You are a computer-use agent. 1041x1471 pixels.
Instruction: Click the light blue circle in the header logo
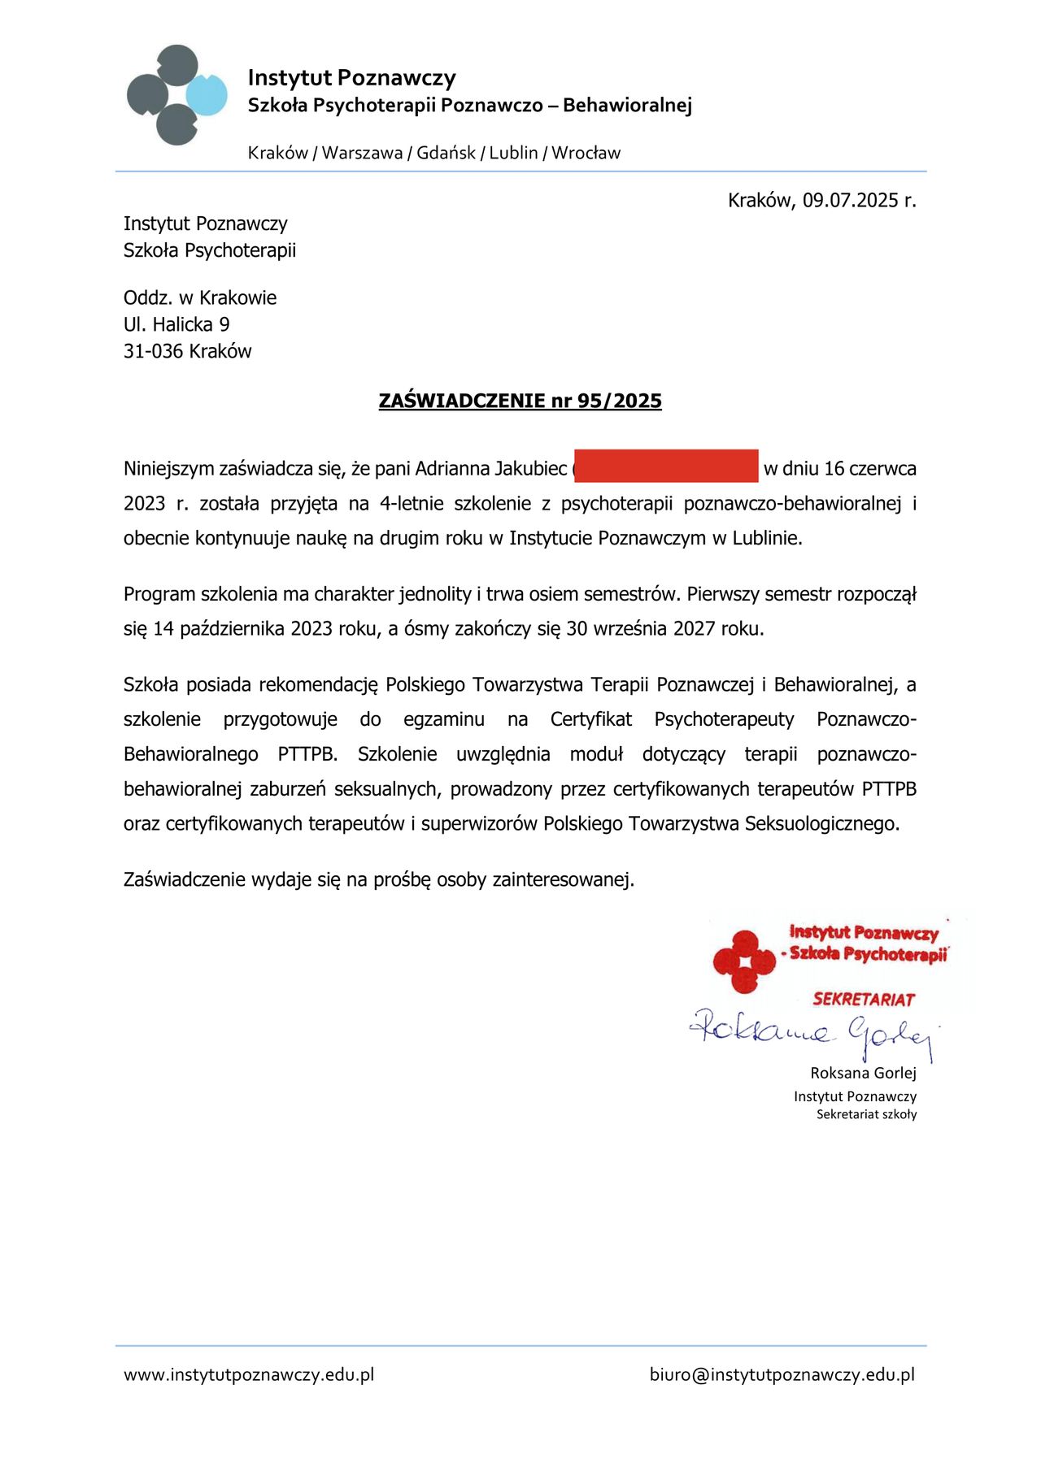pyautogui.click(x=207, y=94)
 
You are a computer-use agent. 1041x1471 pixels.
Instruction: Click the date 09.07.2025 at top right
pyautogui.click(x=851, y=201)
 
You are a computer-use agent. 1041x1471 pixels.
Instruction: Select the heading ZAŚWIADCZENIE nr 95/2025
pyautogui.click(x=520, y=401)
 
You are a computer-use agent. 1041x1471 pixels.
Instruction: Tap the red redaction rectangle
pyautogui.click(x=666, y=466)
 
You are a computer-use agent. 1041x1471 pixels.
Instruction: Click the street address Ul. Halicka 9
pyautogui.click(x=176, y=324)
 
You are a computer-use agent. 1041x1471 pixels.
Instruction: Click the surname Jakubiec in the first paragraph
pyautogui.click(x=530, y=469)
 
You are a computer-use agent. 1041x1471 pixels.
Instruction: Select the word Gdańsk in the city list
pyautogui.click(x=446, y=153)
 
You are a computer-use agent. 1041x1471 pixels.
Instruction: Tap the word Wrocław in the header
pyautogui.click(x=586, y=153)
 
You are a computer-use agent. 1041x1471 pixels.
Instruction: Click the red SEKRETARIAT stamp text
pyautogui.click(x=864, y=1000)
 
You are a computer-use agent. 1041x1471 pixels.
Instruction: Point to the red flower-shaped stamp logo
pyautogui.click(x=743, y=962)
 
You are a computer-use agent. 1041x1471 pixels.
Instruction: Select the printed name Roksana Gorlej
pyautogui.click(x=863, y=1073)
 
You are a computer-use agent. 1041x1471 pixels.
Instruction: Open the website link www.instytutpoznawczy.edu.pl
pyautogui.click(x=249, y=1375)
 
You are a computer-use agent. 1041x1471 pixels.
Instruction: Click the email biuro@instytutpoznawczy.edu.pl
pyautogui.click(x=782, y=1375)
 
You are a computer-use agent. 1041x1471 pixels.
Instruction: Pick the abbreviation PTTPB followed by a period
pyautogui.click(x=307, y=754)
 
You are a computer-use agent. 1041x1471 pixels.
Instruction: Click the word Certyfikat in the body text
pyautogui.click(x=591, y=719)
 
